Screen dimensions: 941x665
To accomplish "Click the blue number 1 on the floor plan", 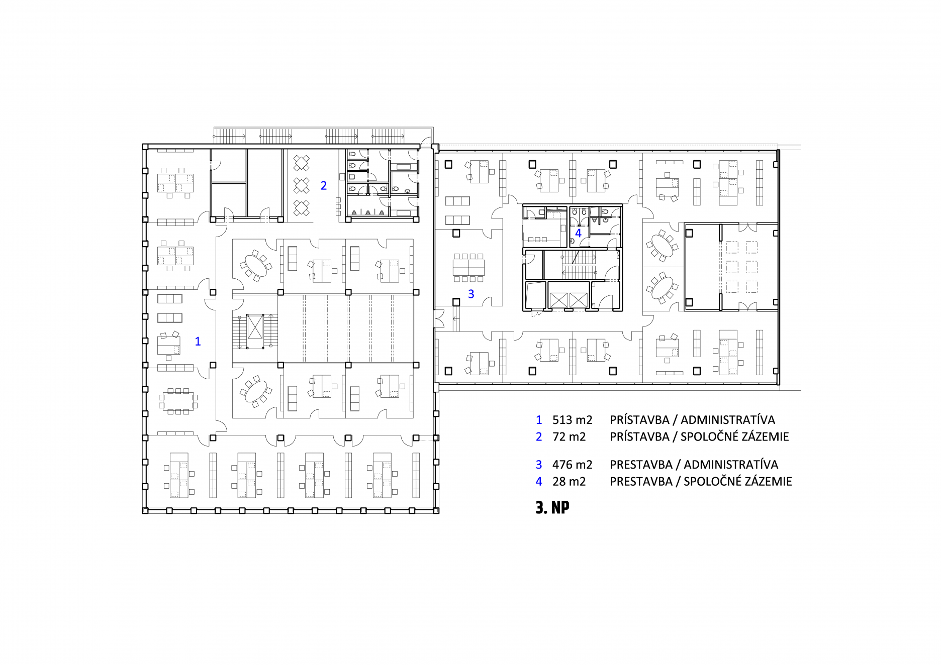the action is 198,342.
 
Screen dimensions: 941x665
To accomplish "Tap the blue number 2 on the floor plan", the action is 324,186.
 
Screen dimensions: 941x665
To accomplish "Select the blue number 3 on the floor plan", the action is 471,294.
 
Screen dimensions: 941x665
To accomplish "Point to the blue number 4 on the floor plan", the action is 578,233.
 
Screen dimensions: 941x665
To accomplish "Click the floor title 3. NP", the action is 552,507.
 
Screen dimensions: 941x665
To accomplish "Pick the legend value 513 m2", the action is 572,420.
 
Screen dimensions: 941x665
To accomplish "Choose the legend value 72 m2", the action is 569,437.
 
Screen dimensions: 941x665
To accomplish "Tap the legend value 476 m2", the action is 572,465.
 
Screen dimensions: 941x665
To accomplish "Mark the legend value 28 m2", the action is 569,482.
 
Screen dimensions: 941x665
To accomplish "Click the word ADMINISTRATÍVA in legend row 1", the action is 728,419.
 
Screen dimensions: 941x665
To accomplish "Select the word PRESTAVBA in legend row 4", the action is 641,482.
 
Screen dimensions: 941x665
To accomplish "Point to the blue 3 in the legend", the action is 539,465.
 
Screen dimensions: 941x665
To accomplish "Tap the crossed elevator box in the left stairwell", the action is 255,326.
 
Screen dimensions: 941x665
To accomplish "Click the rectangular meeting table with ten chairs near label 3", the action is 468,267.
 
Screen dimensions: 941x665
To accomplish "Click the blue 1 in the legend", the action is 539,420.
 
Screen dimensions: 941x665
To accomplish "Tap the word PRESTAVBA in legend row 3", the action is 641,465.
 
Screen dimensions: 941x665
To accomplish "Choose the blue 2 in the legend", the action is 539,437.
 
